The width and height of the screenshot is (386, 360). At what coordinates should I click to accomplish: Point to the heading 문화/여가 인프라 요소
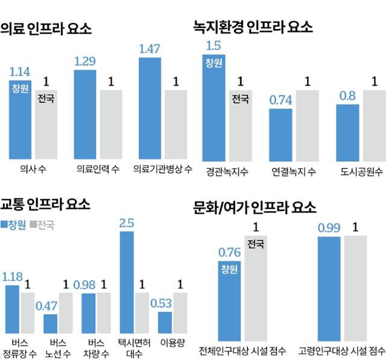coord(254,207)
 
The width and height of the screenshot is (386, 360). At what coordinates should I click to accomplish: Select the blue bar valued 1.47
coord(149,108)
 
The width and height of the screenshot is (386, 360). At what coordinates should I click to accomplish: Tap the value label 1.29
coord(85,61)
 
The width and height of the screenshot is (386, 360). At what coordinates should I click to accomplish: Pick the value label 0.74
coord(280,100)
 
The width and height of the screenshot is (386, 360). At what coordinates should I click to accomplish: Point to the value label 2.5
coord(127,223)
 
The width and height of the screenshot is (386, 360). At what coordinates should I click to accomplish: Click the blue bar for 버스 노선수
coord(51,323)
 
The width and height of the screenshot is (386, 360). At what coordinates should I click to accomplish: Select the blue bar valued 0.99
coord(329,286)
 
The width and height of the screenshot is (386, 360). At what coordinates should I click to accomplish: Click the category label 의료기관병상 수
coord(162,170)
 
